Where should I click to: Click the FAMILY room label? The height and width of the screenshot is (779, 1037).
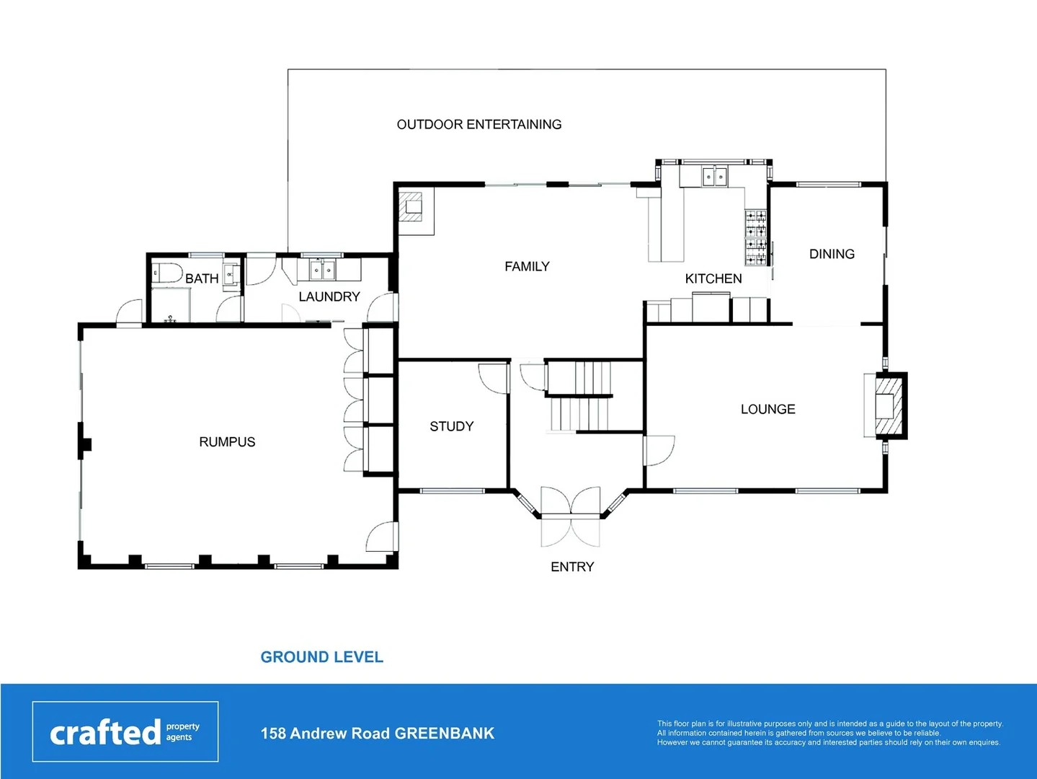pyautogui.click(x=527, y=267)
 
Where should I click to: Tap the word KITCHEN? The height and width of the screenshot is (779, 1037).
pyautogui.click(x=713, y=278)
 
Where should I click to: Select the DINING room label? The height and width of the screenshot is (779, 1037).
pyautogui.click(x=832, y=254)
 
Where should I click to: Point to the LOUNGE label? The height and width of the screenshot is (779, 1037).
pyautogui.click(x=767, y=409)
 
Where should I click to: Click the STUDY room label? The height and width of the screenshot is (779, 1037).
pyautogui.click(x=451, y=426)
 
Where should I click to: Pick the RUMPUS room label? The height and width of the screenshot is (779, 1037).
pyautogui.click(x=227, y=442)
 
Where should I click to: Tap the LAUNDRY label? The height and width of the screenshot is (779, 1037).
pyautogui.click(x=329, y=296)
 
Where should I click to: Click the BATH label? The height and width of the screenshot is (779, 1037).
pyautogui.click(x=202, y=278)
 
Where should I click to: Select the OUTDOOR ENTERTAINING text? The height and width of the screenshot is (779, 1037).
pyautogui.click(x=479, y=125)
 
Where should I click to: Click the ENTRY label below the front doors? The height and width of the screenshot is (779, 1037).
pyautogui.click(x=572, y=567)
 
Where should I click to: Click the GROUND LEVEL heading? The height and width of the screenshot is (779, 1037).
pyautogui.click(x=321, y=657)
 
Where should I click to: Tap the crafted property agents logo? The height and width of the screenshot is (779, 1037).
pyautogui.click(x=125, y=731)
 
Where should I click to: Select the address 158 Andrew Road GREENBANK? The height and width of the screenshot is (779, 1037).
pyautogui.click(x=377, y=734)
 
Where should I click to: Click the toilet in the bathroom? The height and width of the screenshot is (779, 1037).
pyautogui.click(x=166, y=273)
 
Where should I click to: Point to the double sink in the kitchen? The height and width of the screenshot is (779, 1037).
pyautogui.click(x=714, y=175)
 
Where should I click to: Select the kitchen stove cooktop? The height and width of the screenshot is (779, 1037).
pyautogui.click(x=755, y=235)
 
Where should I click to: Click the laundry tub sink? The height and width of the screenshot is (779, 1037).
pyautogui.click(x=321, y=270)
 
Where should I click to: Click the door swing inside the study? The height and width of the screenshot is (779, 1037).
pyautogui.click(x=492, y=377)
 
